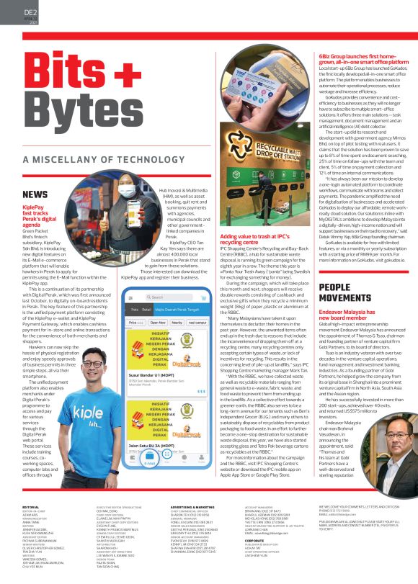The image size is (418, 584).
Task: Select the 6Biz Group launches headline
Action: [363, 59]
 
